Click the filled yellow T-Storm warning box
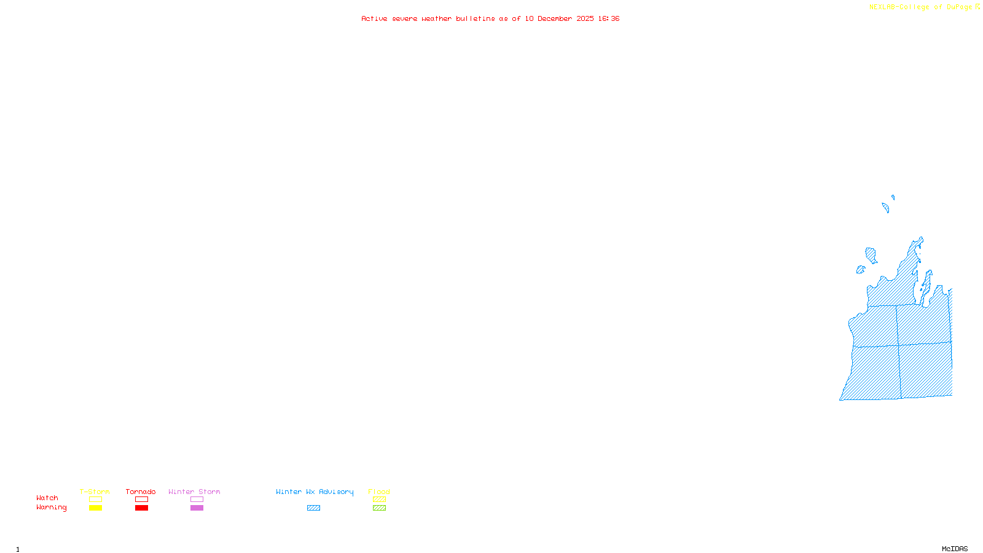pos(95,508)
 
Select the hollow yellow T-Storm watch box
pos(95,500)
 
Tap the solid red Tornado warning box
pos(141,508)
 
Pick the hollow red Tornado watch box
pos(141,500)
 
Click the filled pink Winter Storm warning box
pos(197,508)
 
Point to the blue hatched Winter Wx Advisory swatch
pos(313,508)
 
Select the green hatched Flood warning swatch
pos(379,508)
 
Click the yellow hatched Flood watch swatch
pos(379,500)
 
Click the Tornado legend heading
pos(141,492)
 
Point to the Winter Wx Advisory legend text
pos(315,492)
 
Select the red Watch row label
pos(47,498)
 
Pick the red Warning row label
pos(51,508)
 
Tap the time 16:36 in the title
pos(608,18)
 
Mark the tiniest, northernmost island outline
pos(893,197)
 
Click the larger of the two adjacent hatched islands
pos(871,254)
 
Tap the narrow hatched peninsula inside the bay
pos(926,286)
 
